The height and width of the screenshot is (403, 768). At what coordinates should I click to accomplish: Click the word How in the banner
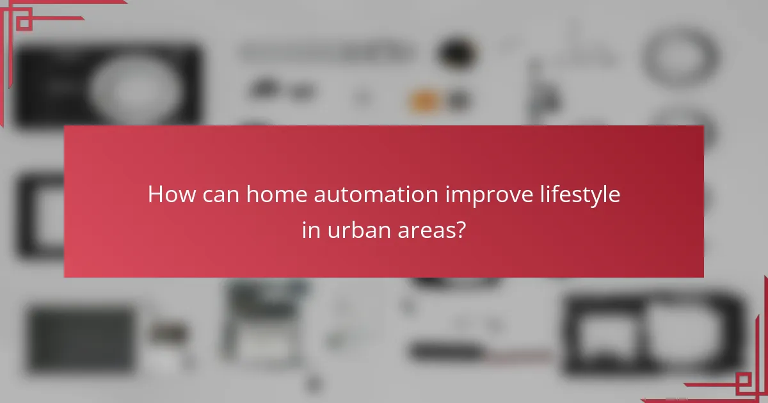coord(168,194)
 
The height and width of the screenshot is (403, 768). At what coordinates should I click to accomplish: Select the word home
coord(273,194)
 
